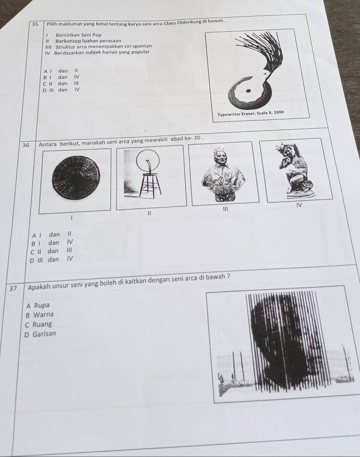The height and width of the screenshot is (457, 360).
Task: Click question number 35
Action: (35, 24)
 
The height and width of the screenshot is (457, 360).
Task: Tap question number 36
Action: (26, 145)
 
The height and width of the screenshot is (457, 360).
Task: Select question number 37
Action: (13, 289)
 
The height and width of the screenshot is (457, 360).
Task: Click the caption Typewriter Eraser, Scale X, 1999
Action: (251, 114)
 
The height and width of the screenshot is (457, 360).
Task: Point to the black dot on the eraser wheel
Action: (248, 91)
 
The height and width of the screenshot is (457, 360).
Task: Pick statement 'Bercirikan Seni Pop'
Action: (79, 35)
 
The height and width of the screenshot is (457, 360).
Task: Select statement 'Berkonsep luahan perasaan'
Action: (88, 41)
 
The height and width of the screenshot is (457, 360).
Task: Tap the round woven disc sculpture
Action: (76, 178)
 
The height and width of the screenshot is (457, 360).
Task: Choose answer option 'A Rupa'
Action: (38, 305)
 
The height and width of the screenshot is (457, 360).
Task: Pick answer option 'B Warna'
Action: (40, 315)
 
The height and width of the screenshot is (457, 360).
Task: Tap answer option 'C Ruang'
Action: (38, 325)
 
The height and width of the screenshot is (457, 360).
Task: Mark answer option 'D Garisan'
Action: (40, 334)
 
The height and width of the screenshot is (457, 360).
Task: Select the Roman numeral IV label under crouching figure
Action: (298, 205)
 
